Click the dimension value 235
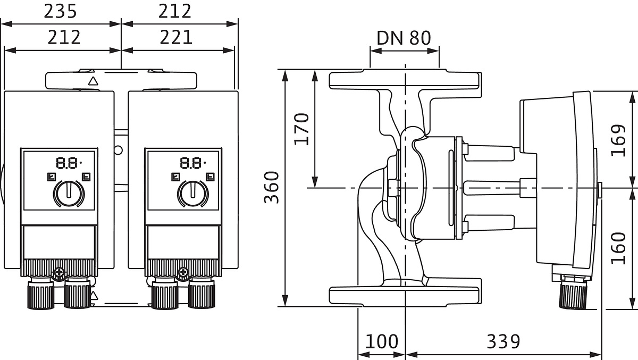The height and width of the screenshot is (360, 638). point(60,11)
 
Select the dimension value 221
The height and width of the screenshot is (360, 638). point(176,37)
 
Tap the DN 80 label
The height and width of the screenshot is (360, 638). point(404,37)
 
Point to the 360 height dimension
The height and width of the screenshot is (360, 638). point(272,187)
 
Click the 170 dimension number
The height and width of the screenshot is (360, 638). point(301,128)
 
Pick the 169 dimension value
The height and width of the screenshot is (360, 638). point(618,140)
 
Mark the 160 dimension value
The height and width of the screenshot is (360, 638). point(618,248)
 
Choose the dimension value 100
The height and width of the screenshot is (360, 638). point(382,341)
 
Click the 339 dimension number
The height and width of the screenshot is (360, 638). point(503,341)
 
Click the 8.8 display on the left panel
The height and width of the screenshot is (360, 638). point(66,162)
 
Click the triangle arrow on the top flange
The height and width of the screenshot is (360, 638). point(94,81)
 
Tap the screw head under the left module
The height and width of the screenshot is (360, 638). point(58,273)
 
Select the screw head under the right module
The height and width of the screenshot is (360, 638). point(183,273)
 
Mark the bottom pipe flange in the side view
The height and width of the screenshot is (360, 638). point(405,295)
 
